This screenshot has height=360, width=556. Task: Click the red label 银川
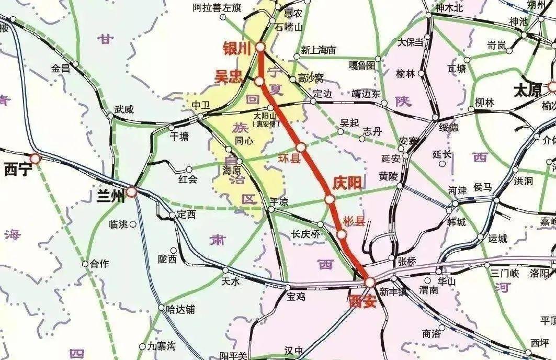pyautogui.click(x=238, y=48)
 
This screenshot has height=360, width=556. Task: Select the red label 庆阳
pyautogui.click(x=347, y=183)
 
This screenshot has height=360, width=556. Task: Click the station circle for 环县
pyautogui.click(x=301, y=148)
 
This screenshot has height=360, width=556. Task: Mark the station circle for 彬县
pyautogui.click(x=341, y=234)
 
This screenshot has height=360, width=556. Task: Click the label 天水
pyautogui.click(x=231, y=283)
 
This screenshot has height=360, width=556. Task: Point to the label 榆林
pyautogui.click(x=405, y=74)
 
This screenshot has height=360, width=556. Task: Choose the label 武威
pyautogui.click(x=124, y=109)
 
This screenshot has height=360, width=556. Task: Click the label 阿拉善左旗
pyautogui.click(x=217, y=8)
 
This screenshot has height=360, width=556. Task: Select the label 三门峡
pyautogui.click(x=504, y=273)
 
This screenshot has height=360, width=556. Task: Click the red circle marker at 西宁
pyautogui.click(x=35, y=158)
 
